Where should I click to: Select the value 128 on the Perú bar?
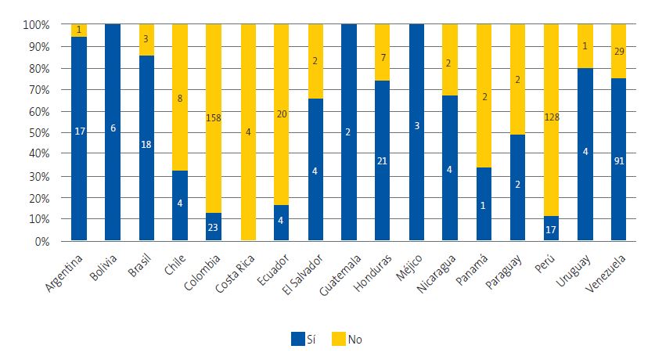pyautogui.click(x=551, y=118)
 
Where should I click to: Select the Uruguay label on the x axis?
pyautogui.click(x=583, y=271)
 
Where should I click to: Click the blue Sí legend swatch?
pyautogui.click(x=298, y=339)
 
